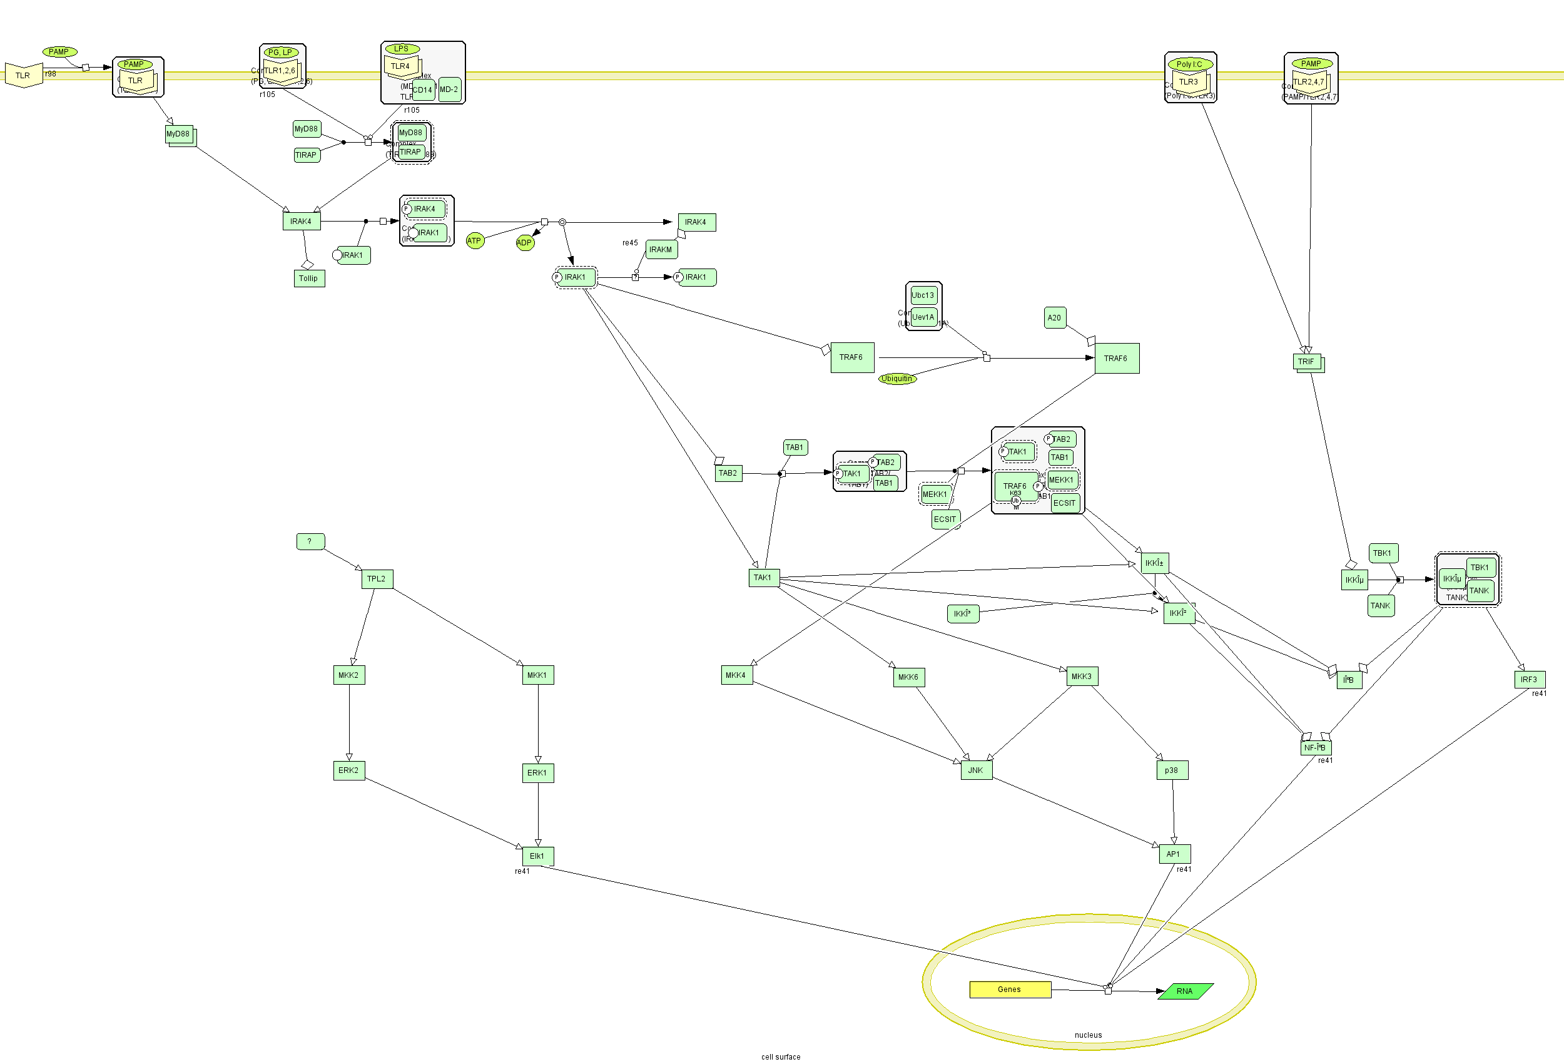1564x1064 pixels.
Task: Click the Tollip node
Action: point(309,278)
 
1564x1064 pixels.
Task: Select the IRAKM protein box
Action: point(661,249)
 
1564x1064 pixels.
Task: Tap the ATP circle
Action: point(474,240)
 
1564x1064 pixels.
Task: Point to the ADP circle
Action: point(524,242)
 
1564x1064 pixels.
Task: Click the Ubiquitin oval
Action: point(896,379)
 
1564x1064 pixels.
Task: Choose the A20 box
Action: point(1055,318)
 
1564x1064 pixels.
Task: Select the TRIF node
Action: point(1306,362)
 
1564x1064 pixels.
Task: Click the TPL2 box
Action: point(377,578)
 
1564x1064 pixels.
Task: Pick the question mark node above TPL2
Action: point(310,541)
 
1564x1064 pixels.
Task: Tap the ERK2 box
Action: point(348,770)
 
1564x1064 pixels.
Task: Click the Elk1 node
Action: point(537,856)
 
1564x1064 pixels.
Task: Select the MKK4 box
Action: point(736,675)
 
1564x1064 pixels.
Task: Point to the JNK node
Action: point(976,770)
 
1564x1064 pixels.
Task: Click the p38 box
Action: point(1172,770)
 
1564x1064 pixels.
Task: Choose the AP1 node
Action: point(1174,854)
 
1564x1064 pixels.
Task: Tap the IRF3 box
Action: point(1529,680)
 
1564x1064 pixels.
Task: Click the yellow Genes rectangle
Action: point(1010,990)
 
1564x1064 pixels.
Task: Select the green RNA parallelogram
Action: point(1185,991)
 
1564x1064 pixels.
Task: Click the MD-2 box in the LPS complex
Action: point(449,90)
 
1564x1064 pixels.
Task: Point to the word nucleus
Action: point(1088,1035)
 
